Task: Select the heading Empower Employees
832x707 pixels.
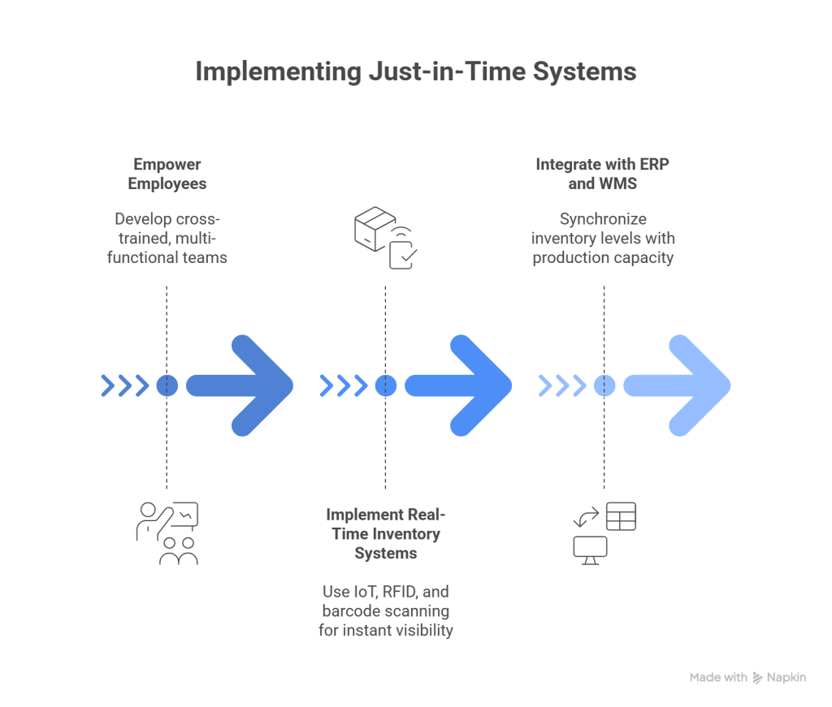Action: [x=167, y=174]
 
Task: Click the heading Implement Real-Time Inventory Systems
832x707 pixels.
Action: [x=384, y=534]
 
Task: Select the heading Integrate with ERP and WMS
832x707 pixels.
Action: [x=603, y=174]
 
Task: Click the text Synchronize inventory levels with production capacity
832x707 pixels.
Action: [x=603, y=239]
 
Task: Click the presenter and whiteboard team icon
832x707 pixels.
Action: [x=167, y=533]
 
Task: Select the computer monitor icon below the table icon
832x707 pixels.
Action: [x=591, y=550]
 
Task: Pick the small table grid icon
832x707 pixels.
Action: [x=621, y=516]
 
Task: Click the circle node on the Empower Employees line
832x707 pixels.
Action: [x=167, y=385]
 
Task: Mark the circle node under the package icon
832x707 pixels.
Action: [x=385, y=385]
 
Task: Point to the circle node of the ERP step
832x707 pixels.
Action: [x=604, y=385]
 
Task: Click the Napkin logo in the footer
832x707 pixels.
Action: [x=779, y=677]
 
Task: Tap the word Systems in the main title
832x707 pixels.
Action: [x=584, y=71]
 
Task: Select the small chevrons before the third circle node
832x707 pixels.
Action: [x=561, y=385]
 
